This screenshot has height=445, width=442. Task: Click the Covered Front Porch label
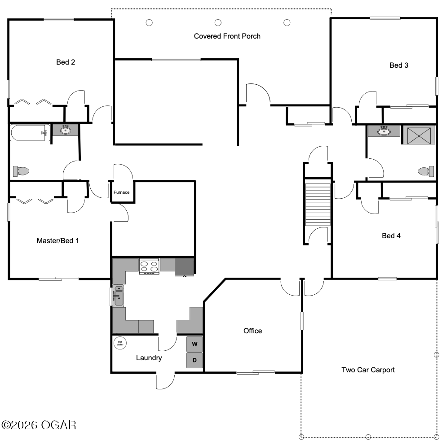pyautogui.click(x=227, y=36)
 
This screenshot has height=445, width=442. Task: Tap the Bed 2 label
pyautogui.click(x=66, y=62)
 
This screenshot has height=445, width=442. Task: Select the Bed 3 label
pyautogui.click(x=399, y=65)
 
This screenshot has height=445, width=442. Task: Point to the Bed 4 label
pyautogui.click(x=391, y=236)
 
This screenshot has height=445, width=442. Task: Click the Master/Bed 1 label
pyautogui.click(x=57, y=240)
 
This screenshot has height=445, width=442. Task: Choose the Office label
pyautogui.click(x=253, y=331)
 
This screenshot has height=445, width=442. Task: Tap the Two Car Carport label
pyautogui.click(x=368, y=370)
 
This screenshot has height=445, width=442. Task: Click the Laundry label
pyautogui.click(x=149, y=358)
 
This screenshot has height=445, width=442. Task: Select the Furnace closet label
pyautogui.click(x=121, y=192)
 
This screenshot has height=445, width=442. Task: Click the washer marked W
pyautogui.click(x=194, y=344)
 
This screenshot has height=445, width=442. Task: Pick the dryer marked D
pyautogui.click(x=194, y=360)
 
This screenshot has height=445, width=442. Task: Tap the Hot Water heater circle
pyautogui.click(x=120, y=343)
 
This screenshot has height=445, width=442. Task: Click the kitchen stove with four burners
pyautogui.click(x=149, y=266)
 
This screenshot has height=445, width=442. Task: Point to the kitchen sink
pyautogui.click(x=118, y=296)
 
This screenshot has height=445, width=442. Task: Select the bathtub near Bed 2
pyautogui.click(x=31, y=132)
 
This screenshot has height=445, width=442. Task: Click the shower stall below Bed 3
pyautogui.click(x=419, y=135)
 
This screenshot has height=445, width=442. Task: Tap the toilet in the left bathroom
pyautogui.click(x=21, y=171)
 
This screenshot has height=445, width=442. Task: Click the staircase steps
pyautogui.click(x=318, y=205)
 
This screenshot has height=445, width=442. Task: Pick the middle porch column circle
pyautogui.click(x=218, y=22)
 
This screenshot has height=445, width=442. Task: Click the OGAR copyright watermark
pyautogui.click(x=39, y=425)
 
